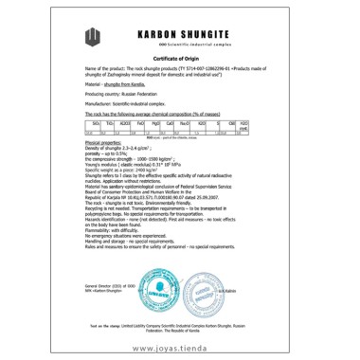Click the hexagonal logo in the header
(92, 37)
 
